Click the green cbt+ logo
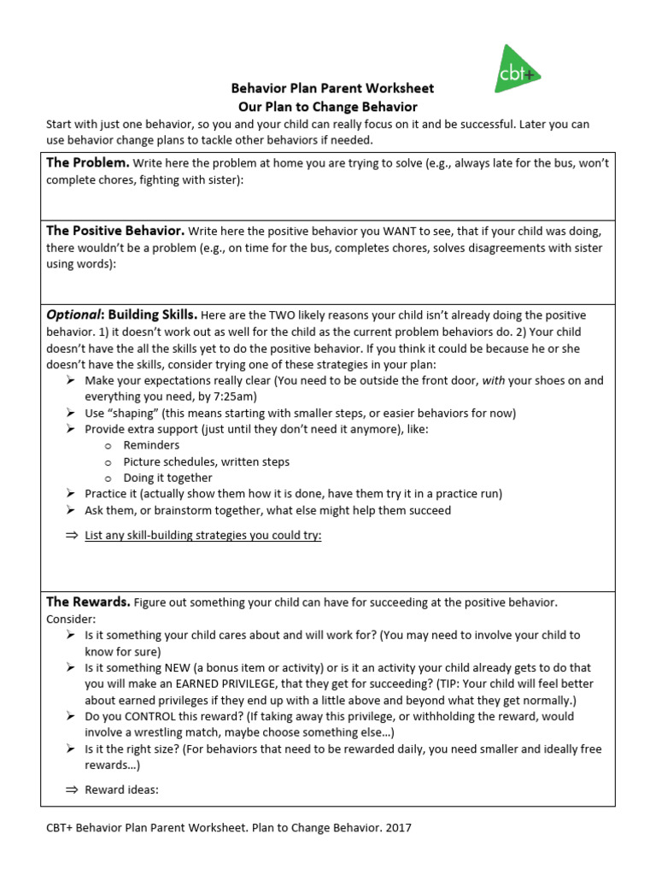click(x=518, y=70)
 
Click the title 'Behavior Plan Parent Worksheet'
click(x=332, y=88)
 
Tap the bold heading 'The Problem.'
click(x=88, y=161)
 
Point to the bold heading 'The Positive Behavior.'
click(x=115, y=231)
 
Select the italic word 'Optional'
click(x=73, y=314)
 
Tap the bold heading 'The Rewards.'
click(x=88, y=602)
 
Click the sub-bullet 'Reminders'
click(x=151, y=445)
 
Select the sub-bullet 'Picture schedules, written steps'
click(x=206, y=461)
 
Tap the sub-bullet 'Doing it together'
click(x=167, y=478)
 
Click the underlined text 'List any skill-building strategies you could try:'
click(x=203, y=536)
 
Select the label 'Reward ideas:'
click(x=121, y=790)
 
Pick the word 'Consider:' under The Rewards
click(x=71, y=619)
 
